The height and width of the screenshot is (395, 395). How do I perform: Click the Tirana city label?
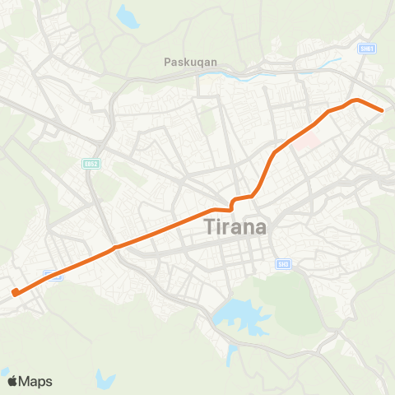pyautogui.click(x=235, y=226)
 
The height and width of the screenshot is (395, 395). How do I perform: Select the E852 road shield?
pyautogui.click(x=91, y=164)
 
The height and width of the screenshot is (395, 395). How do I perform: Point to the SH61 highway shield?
pyautogui.click(x=366, y=49)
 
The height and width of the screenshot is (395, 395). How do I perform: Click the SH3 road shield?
pyautogui.click(x=281, y=263)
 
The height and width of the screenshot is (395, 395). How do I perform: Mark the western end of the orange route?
pyautogui.click(x=14, y=291)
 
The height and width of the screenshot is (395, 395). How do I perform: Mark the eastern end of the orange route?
pyautogui.click(x=382, y=110)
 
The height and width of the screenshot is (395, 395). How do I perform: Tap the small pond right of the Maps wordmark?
pyautogui.click(x=104, y=379)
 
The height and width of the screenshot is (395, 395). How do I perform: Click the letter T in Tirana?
pyautogui.click(x=207, y=226)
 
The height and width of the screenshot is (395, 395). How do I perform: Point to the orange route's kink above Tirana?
pyautogui.click(x=234, y=202)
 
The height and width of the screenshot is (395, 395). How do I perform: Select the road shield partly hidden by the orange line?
pyautogui.click(x=52, y=275)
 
